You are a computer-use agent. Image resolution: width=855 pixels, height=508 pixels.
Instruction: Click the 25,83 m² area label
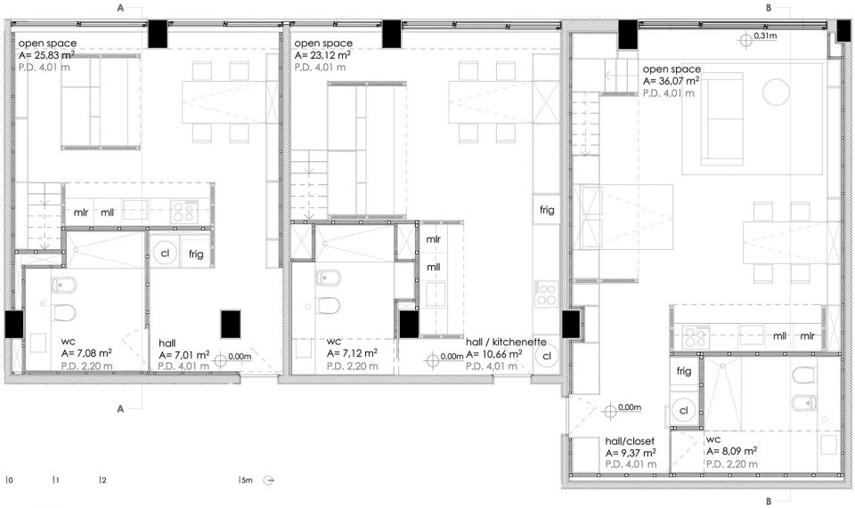click(46, 55)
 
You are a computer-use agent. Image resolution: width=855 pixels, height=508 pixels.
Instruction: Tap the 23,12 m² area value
click(322, 55)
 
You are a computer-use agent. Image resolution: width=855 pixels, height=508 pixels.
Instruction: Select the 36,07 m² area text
click(672, 81)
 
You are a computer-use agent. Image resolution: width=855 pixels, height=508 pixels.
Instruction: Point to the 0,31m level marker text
click(765, 36)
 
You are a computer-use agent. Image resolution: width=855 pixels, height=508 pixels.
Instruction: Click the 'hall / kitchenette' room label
click(506, 342)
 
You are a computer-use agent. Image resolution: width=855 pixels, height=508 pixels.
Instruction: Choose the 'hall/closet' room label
click(630, 441)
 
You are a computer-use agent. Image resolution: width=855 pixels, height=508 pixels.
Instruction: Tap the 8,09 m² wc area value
click(731, 451)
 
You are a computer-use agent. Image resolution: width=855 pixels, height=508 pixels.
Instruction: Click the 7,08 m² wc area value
click(86, 353)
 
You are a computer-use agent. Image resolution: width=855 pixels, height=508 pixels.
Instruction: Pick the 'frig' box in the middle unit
click(546, 210)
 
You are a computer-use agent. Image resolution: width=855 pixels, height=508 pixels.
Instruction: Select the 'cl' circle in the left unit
click(165, 254)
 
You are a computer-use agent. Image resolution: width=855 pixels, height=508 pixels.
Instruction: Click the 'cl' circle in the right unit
click(684, 410)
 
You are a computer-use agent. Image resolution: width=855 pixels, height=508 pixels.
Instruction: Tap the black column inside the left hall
click(231, 324)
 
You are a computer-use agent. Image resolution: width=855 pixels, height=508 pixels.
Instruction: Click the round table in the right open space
click(776, 92)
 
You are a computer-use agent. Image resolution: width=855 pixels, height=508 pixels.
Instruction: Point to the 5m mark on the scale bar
click(246, 480)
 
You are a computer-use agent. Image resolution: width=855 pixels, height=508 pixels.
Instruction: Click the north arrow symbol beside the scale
click(268, 480)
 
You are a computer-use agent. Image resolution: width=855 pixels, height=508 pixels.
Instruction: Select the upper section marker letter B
click(769, 8)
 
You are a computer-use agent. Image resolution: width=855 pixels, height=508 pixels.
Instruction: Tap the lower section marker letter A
click(120, 409)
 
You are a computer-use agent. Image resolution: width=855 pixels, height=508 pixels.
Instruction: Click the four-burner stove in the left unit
click(183, 212)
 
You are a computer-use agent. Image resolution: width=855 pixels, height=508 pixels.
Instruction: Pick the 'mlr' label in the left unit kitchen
click(81, 213)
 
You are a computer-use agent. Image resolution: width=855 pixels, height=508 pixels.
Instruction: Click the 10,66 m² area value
click(494, 354)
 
